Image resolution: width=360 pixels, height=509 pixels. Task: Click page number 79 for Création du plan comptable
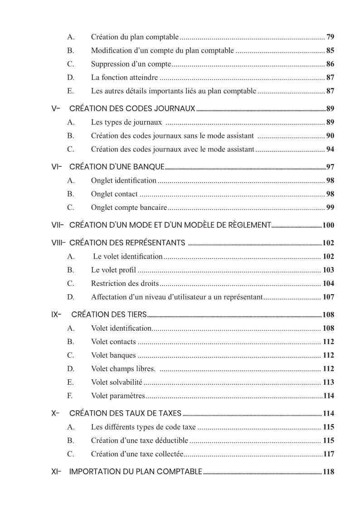(330, 37)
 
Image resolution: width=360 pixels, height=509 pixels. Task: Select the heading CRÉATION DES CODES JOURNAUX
(132, 109)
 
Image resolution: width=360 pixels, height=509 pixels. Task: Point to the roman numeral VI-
(57, 167)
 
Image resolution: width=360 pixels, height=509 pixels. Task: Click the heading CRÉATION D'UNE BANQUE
(117, 167)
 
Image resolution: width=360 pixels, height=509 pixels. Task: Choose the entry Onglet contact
(114, 194)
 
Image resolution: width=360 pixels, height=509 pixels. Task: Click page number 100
(328, 225)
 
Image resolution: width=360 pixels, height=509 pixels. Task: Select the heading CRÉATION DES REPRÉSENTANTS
(127, 242)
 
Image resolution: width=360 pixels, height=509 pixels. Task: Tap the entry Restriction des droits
(125, 284)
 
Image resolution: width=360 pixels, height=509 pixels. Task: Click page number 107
(328, 297)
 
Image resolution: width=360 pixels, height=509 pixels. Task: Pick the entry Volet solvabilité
(117, 383)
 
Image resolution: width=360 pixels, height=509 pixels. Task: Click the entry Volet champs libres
(123, 369)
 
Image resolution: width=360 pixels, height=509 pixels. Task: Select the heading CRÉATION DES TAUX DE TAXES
(125, 413)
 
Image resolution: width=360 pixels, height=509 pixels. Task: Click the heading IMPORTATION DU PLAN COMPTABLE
(136, 472)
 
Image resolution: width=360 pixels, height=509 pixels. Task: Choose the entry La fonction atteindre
(124, 78)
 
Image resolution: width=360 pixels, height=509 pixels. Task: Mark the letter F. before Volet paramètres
(70, 396)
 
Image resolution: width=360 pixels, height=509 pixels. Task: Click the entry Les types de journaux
(126, 122)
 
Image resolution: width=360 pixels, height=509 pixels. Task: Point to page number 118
(329, 472)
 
